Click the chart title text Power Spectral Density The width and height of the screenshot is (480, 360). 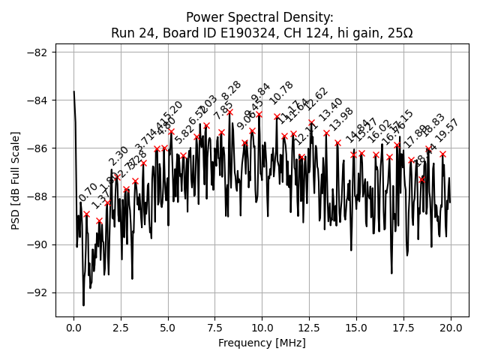[x=262, y=17]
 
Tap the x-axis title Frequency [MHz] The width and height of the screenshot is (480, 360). [x=262, y=343]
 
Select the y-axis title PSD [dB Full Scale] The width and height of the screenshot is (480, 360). [x=16, y=180]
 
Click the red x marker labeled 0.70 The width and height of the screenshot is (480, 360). [x=87, y=214]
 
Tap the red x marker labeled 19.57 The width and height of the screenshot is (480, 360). [x=442, y=154]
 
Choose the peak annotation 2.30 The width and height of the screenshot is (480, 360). [x=118, y=156]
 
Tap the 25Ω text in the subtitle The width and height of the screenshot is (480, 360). [x=398, y=32]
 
